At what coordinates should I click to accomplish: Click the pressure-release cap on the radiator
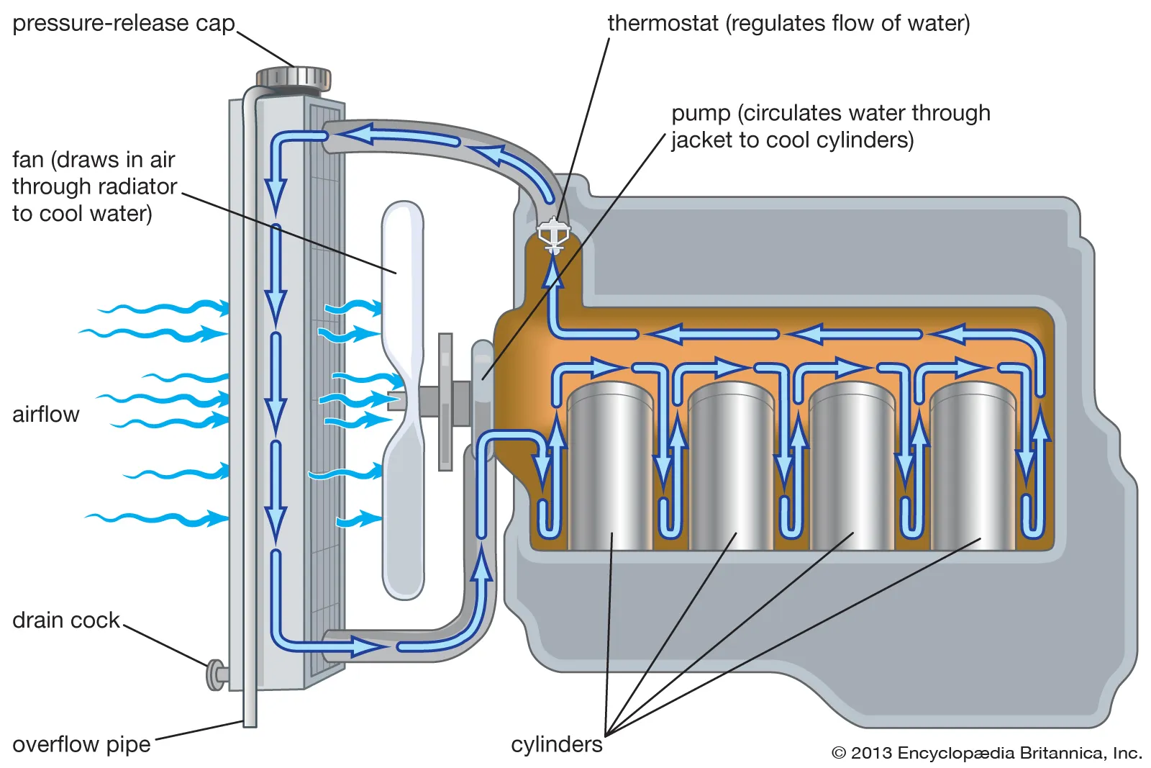point(294,77)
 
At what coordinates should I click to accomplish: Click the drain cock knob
point(214,674)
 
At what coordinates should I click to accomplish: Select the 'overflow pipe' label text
point(81,744)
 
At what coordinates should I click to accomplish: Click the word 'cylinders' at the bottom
point(556,744)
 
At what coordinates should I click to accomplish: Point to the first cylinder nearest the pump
point(609,468)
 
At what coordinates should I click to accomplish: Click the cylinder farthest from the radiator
point(972,468)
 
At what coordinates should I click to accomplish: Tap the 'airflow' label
point(45,415)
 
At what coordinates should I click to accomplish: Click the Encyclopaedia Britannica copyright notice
point(986,754)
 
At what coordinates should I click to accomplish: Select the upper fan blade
point(403,288)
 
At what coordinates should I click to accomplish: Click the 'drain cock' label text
point(65,620)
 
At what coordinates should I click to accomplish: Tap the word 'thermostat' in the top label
point(663,23)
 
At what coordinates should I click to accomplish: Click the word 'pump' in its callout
point(701,114)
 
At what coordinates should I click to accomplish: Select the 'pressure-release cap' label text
point(123,23)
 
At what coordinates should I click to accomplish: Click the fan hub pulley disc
point(445,402)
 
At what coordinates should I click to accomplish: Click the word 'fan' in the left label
point(28,160)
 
